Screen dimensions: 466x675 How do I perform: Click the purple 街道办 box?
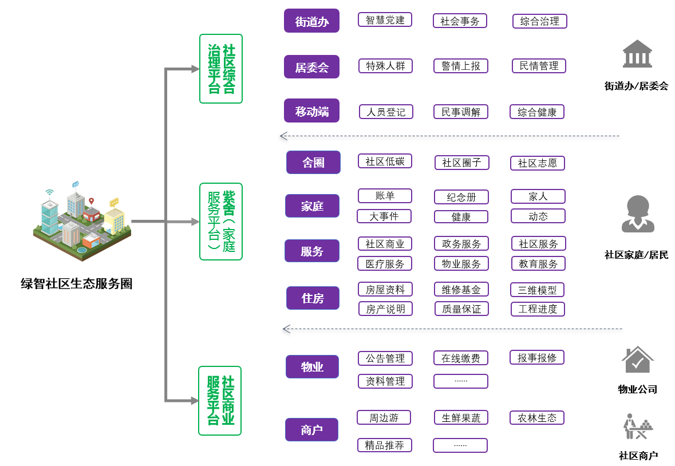point(311,21)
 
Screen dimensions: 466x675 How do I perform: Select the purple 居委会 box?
point(311,67)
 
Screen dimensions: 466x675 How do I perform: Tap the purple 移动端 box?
point(311,111)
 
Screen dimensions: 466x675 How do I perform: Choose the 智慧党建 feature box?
point(385,20)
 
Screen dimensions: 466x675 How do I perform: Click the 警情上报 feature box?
point(460,66)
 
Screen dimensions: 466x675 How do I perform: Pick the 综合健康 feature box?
point(536,112)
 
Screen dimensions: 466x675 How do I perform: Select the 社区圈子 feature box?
point(461,163)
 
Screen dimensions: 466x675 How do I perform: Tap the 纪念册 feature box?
point(461,198)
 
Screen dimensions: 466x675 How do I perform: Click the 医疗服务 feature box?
point(385,264)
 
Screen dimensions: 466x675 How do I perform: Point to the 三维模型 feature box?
point(537,290)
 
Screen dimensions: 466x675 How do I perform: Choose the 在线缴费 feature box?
point(460,358)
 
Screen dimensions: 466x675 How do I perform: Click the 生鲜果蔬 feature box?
point(460,418)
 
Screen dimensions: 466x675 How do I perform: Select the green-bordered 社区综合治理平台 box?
point(221,69)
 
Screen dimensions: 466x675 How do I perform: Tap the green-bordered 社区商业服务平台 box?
point(220,401)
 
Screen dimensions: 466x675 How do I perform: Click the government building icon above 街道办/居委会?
point(637,54)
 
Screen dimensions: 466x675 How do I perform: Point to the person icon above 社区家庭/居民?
point(637,214)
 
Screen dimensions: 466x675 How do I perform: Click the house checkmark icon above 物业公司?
point(637,360)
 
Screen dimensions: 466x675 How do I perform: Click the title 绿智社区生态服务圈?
point(77,283)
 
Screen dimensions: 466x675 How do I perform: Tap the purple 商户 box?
point(311,430)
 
